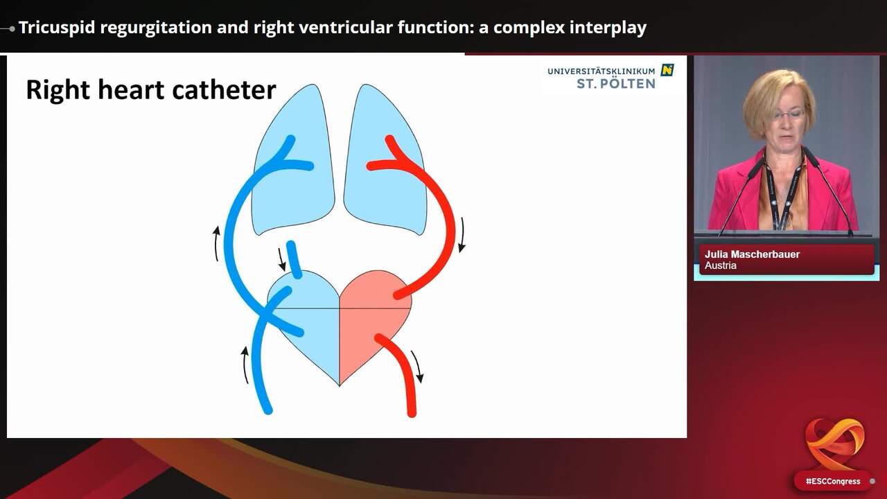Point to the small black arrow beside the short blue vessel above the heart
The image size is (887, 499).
(282, 259)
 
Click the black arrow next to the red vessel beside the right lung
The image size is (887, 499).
(462, 234)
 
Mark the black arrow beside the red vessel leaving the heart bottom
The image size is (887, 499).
(416, 366)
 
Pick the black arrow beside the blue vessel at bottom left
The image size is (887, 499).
(245, 365)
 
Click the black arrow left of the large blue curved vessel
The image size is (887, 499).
(217, 243)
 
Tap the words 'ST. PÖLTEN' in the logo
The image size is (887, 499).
(615, 83)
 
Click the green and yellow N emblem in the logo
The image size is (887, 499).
(667, 70)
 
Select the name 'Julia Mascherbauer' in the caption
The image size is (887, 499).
(752, 254)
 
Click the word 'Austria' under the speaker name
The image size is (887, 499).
(721, 265)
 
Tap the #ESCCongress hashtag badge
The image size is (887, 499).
(832, 481)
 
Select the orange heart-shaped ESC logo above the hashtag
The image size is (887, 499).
(834, 442)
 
